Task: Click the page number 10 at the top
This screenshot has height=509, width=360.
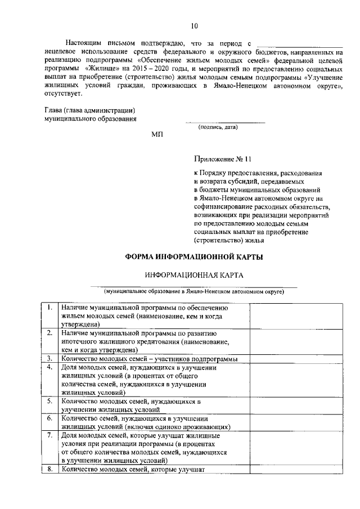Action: point(194,26)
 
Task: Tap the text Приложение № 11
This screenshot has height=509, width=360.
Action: point(221,159)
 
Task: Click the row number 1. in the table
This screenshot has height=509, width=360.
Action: point(50,308)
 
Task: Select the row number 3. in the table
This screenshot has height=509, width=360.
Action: point(50,358)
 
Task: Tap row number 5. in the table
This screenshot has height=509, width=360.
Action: point(50,401)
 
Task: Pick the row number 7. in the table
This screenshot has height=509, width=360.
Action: point(50,435)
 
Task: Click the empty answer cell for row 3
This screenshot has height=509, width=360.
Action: point(296,359)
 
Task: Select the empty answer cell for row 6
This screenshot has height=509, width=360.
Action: point(296,422)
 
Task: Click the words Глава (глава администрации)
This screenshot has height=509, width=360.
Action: point(90,110)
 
